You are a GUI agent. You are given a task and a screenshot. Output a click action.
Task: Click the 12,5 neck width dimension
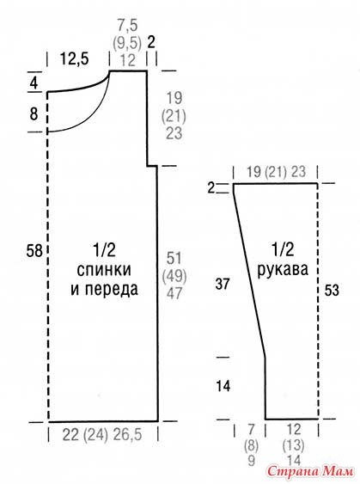(x=74, y=58)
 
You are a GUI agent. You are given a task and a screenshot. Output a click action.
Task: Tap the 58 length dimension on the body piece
(x=34, y=250)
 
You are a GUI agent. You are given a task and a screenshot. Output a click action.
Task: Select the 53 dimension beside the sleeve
(x=332, y=290)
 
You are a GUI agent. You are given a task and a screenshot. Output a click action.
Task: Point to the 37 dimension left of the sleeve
(x=223, y=284)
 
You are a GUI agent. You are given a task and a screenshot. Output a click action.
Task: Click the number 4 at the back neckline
(x=34, y=83)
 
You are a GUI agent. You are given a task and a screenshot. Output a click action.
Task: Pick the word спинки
(x=104, y=270)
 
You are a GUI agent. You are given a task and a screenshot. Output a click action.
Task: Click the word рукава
(x=283, y=269)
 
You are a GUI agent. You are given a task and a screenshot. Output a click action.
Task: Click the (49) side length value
(x=174, y=275)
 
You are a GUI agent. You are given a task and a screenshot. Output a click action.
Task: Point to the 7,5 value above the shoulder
(x=127, y=25)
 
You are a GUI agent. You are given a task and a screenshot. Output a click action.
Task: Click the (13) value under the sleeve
(x=293, y=445)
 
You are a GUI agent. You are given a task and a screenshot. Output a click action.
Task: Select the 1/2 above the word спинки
(x=104, y=250)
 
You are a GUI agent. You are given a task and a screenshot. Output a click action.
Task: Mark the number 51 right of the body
(x=174, y=258)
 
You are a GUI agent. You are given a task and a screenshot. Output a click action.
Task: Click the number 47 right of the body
(x=174, y=292)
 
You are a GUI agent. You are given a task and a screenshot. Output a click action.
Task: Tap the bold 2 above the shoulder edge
(x=151, y=42)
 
